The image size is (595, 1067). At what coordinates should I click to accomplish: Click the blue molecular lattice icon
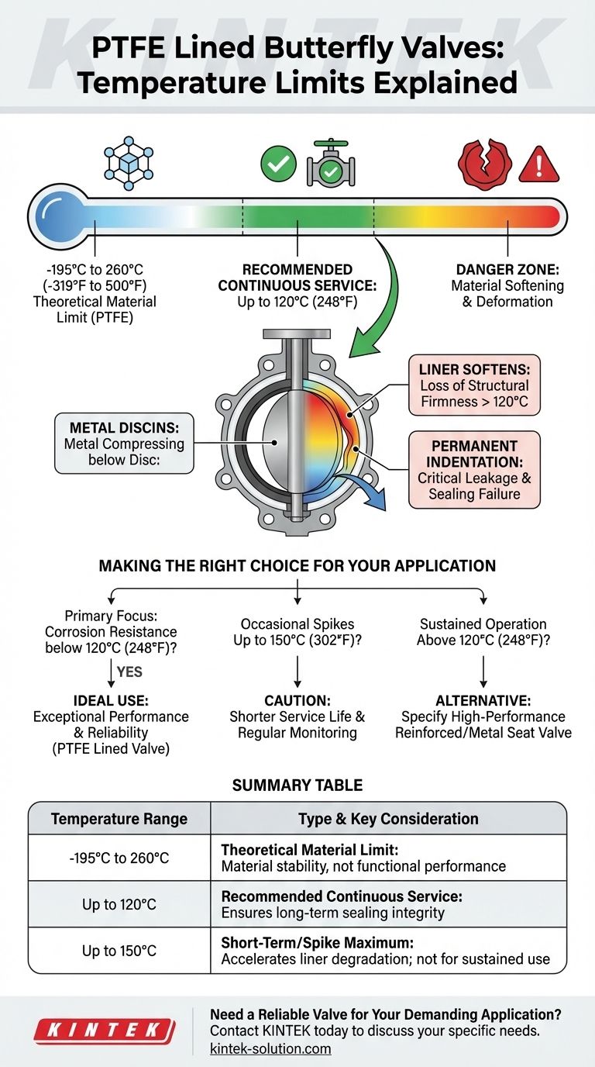click(x=125, y=164)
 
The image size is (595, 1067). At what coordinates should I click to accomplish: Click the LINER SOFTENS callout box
click(x=474, y=385)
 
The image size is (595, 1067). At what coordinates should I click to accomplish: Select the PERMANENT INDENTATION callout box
click(x=474, y=470)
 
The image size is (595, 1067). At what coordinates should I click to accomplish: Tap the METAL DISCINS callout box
click(x=124, y=444)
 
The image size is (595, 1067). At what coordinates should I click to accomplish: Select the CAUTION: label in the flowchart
click(x=297, y=701)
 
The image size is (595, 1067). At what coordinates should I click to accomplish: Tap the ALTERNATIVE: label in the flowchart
click(x=483, y=701)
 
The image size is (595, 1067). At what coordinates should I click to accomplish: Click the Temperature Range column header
click(x=119, y=819)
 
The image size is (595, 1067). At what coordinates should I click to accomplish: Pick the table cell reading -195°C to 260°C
click(x=119, y=858)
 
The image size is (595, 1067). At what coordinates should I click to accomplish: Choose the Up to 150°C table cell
click(x=119, y=951)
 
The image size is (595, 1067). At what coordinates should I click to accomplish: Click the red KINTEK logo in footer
click(x=104, y=1031)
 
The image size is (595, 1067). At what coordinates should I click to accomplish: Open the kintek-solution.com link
click(x=270, y=1049)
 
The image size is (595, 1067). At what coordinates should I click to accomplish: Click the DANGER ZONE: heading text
click(x=507, y=270)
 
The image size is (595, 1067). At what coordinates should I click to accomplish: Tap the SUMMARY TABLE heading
click(x=297, y=786)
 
